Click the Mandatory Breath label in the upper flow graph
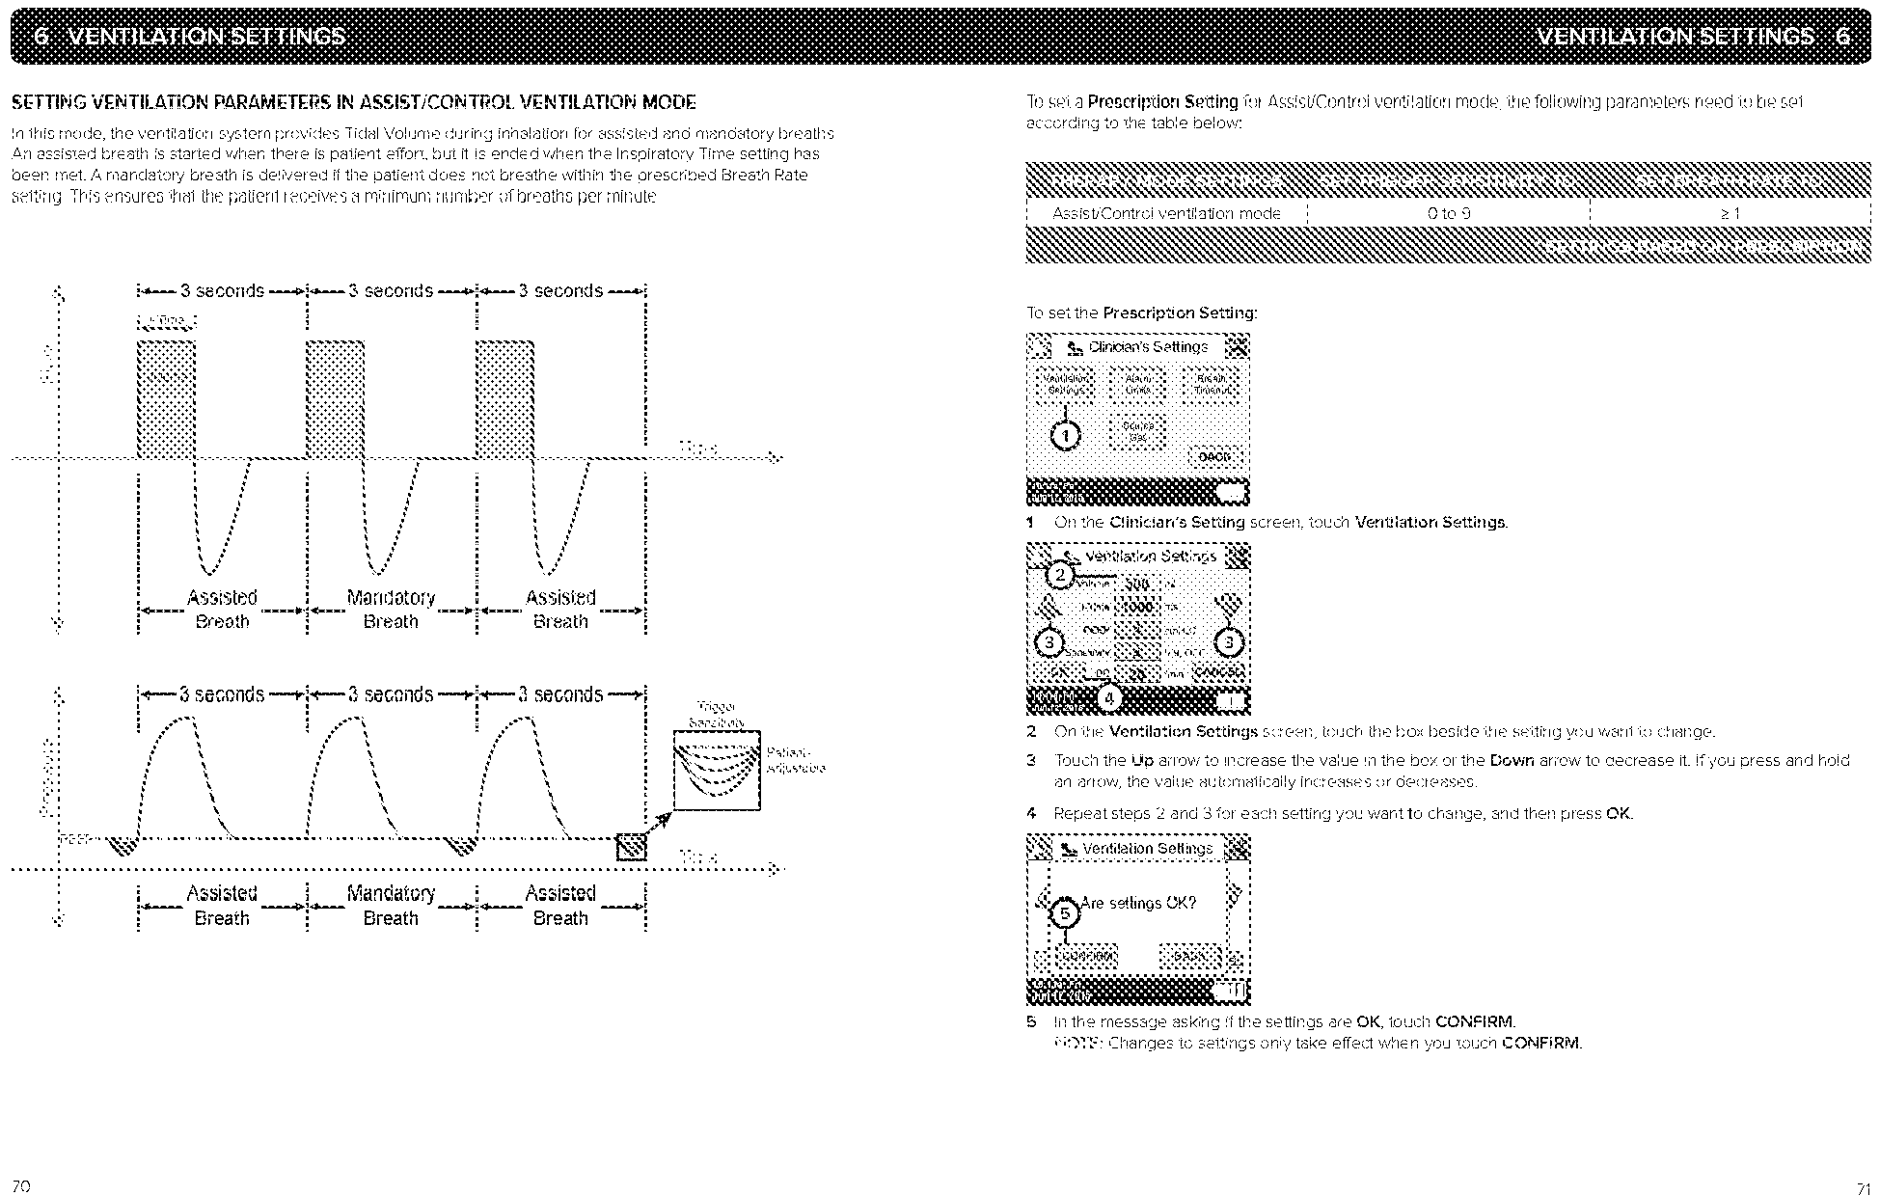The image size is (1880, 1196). (391, 610)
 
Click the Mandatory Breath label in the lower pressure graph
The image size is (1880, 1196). (391, 906)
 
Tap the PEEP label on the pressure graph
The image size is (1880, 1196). (73, 837)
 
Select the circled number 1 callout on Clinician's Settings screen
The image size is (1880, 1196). (1065, 436)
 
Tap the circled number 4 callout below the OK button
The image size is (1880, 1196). (1109, 696)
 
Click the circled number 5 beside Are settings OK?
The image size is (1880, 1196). (1065, 913)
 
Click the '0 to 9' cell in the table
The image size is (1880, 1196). (1448, 213)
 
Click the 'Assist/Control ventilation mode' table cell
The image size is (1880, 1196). (1166, 213)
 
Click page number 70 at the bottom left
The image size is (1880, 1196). (20, 1184)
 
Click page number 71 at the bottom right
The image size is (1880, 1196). (1862, 1185)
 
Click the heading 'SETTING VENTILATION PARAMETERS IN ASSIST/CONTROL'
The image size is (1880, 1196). (352, 102)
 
